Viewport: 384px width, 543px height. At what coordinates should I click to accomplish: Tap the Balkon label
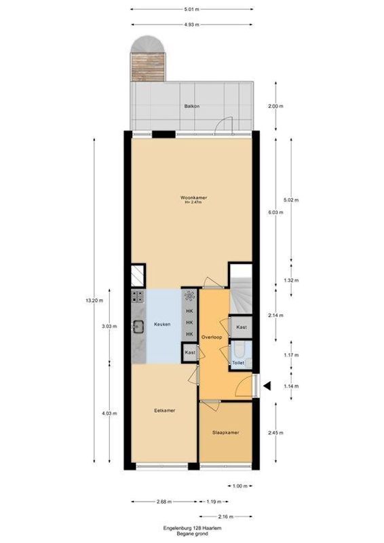coord(191,107)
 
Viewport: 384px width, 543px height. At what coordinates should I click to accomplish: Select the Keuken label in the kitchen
coord(161,324)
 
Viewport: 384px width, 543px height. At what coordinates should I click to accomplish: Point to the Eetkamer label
coord(165,410)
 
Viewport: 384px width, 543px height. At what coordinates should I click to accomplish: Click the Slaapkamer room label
coord(225,432)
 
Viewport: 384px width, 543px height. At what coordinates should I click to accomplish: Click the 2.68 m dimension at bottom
coord(164,502)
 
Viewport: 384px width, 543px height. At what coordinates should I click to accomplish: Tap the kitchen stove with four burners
coord(138,296)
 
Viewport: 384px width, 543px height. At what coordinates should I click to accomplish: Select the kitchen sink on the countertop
coord(138,326)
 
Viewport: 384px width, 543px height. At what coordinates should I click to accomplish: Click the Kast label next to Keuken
coord(191,353)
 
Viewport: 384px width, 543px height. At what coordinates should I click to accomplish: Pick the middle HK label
coord(190,322)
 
